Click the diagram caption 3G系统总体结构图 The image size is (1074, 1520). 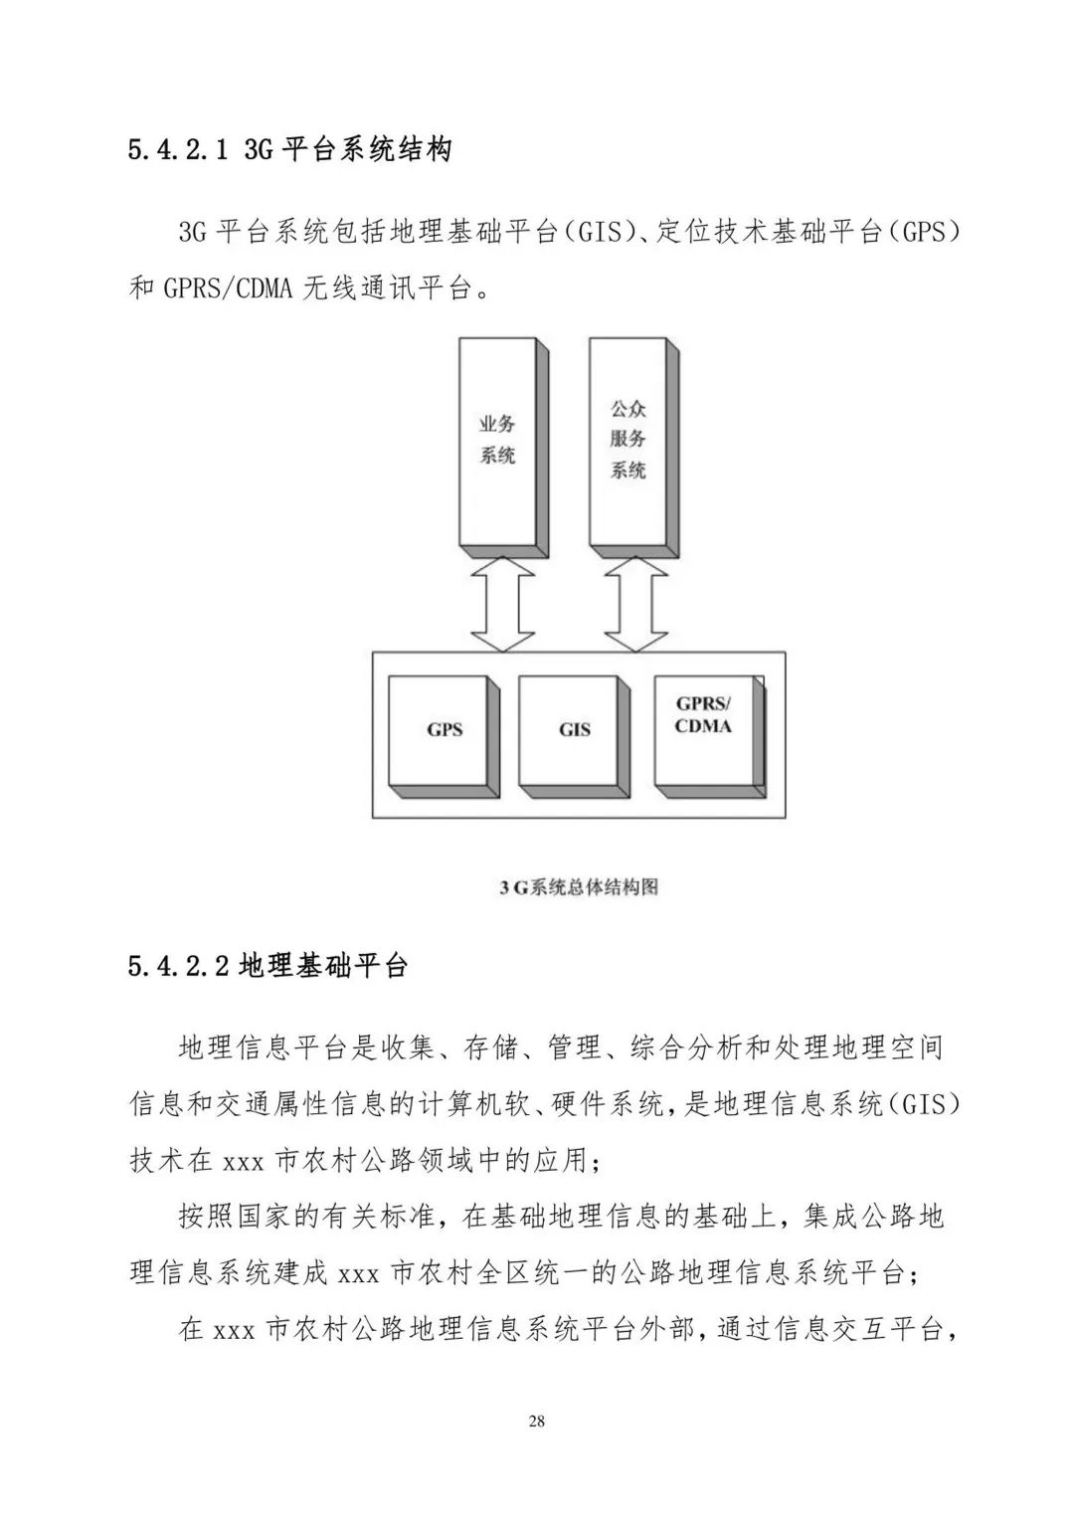coord(579,886)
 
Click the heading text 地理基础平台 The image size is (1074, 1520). coord(323,966)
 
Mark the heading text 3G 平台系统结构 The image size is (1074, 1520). coord(348,151)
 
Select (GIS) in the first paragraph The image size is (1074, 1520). coord(606,234)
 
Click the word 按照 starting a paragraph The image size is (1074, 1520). coord(204,1217)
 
